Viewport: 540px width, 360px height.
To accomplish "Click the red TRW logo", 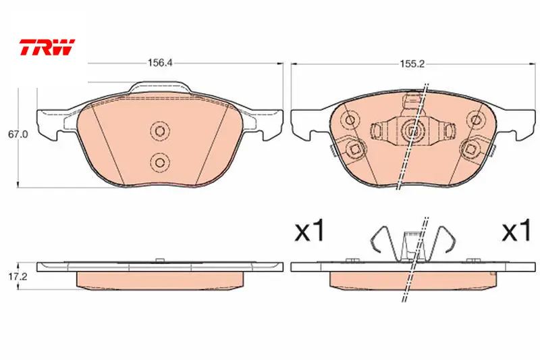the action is [47, 47].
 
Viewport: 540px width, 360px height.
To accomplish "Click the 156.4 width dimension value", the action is [160, 63].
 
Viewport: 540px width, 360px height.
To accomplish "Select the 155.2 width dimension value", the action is [412, 63].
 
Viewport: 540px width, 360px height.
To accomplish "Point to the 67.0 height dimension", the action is [18, 134].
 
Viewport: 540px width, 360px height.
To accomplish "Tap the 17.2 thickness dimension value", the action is [18, 277].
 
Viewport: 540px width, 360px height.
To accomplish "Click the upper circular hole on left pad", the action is [160, 130].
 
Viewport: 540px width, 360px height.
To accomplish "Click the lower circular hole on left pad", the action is [160, 161].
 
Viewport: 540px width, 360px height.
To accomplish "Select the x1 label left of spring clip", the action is [310, 231].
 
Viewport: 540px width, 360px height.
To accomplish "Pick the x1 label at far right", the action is [516, 230].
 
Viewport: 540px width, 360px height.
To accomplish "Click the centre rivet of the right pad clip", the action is [413, 130].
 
